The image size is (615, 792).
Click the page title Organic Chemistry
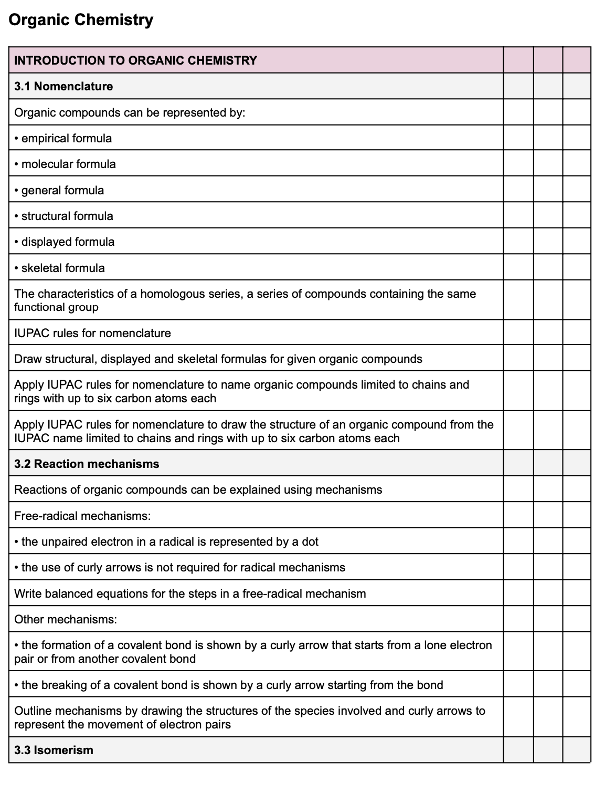[x=81, y=20]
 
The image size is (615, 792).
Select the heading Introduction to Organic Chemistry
[x=135, y=60]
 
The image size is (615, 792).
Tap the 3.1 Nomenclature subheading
[x=63, y=86]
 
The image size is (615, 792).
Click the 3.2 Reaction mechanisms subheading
[x=87, y=464]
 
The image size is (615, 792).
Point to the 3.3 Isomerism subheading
[x=54, y=750]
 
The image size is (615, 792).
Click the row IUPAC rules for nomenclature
[x=92, y=333]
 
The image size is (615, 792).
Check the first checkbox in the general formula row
[x=518, y=190]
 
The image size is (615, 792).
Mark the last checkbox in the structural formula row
[x=576, y=215]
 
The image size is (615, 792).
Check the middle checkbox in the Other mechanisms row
[x=548, y=619]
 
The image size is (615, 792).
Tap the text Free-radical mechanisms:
[x=82, y=516]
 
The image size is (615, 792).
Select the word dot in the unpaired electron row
[x=310, y=541]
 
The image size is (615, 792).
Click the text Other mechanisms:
[x=66, y=619]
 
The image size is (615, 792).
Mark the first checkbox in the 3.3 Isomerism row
[x=518, y=750]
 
